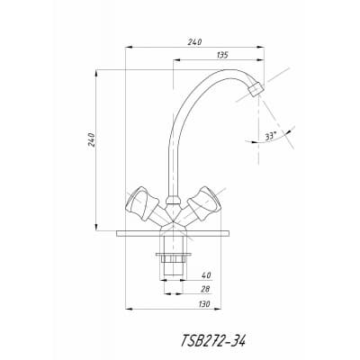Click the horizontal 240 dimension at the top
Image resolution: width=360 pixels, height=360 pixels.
pos(194,42)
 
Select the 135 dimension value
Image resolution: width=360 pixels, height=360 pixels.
pos(222,55)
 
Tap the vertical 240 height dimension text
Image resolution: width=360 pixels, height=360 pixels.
pos(92,139)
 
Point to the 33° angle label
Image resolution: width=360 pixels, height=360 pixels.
pos(270,136)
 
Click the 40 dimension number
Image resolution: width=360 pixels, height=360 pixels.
pos(207,274)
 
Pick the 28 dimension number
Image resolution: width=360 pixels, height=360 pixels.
pos(205,289)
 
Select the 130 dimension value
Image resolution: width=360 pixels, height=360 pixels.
pos(204,303)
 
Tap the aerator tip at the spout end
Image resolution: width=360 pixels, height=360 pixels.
pos(256,89)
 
